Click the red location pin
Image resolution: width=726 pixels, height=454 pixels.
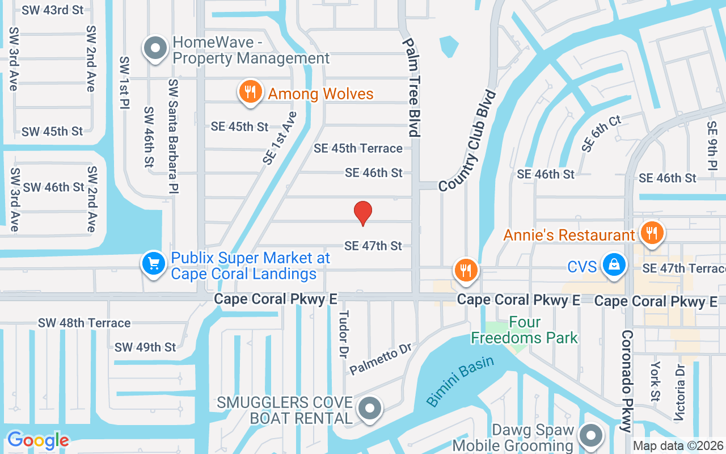click(x=363, y=213)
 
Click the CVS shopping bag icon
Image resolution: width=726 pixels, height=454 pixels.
click(x=614, y=265)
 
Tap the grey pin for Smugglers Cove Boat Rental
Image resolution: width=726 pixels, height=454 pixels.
click(x=370, y=407)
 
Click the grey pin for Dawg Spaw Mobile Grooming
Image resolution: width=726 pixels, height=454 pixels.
click(x=591, y=436)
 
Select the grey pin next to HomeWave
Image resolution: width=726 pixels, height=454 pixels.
click(x=155, y=49)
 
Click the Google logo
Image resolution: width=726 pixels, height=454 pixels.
click(x=38, y=440)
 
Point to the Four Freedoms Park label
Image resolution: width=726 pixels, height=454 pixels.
click(x=524, y=330)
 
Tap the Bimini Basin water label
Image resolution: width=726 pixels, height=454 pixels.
click(x=460, y=381)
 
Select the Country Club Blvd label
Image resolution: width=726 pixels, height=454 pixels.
click(x=467, y=141)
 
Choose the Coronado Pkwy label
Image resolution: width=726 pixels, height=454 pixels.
click(x=627, y=381)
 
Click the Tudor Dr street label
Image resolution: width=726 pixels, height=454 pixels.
click(x=343, y=334)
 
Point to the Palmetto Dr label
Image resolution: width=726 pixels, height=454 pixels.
click(x=380, y=359)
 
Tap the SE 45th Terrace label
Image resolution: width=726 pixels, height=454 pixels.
click(x=358, y=148)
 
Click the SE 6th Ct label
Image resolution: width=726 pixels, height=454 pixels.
click(x=601, y=133)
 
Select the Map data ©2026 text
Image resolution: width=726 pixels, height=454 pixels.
click(x=678, y=446)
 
